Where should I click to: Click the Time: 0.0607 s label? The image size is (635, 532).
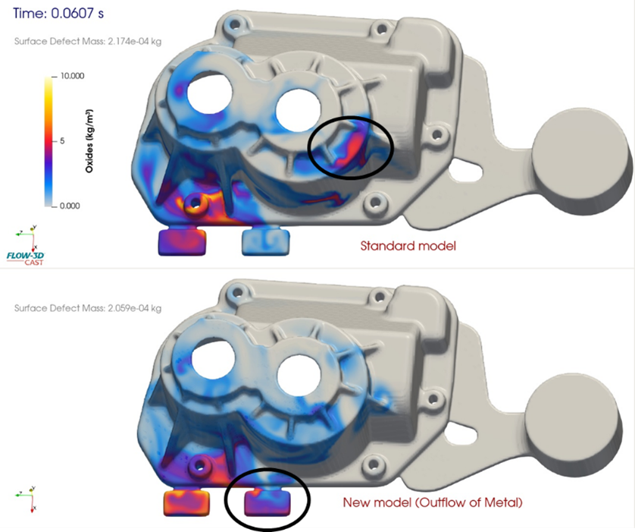(58, 13)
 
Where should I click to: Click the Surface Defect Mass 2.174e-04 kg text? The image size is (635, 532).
(88, 41)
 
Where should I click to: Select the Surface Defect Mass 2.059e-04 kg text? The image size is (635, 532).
(88, 308)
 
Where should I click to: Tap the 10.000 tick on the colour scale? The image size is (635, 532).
(72, 76)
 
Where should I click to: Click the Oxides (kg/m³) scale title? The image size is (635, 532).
(89, 140)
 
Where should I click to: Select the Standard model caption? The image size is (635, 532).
(408, 246)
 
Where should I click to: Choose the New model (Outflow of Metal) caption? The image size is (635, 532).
(433, 502)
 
